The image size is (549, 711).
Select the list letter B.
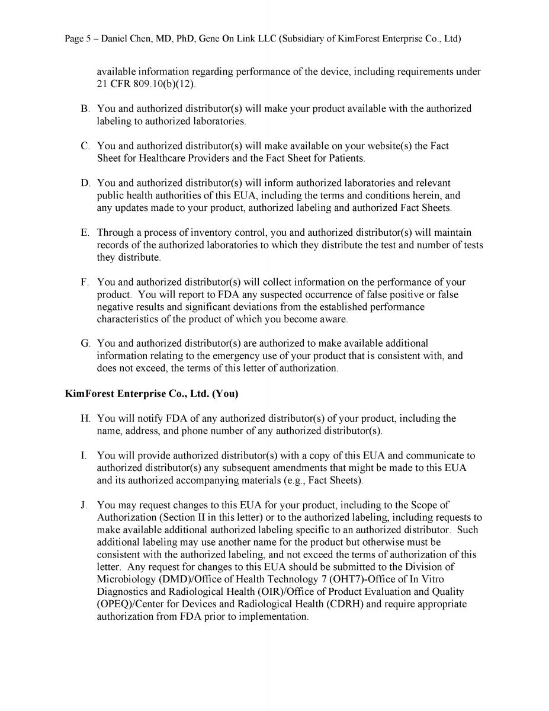click(x=85, y=109)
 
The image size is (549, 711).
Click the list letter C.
click(x=85, y=146)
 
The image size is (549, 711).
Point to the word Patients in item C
click(x=344, y=158)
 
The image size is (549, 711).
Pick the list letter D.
click(x=85, y=183)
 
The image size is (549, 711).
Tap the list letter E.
click(x=85, y=233)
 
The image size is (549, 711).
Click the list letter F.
click(x=85, y=282)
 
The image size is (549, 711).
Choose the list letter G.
click(x=85, y=344)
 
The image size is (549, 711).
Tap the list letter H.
click(x=85, y=418)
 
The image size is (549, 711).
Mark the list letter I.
click(x=84, y=456)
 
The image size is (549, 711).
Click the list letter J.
click(x=84, y=505)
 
